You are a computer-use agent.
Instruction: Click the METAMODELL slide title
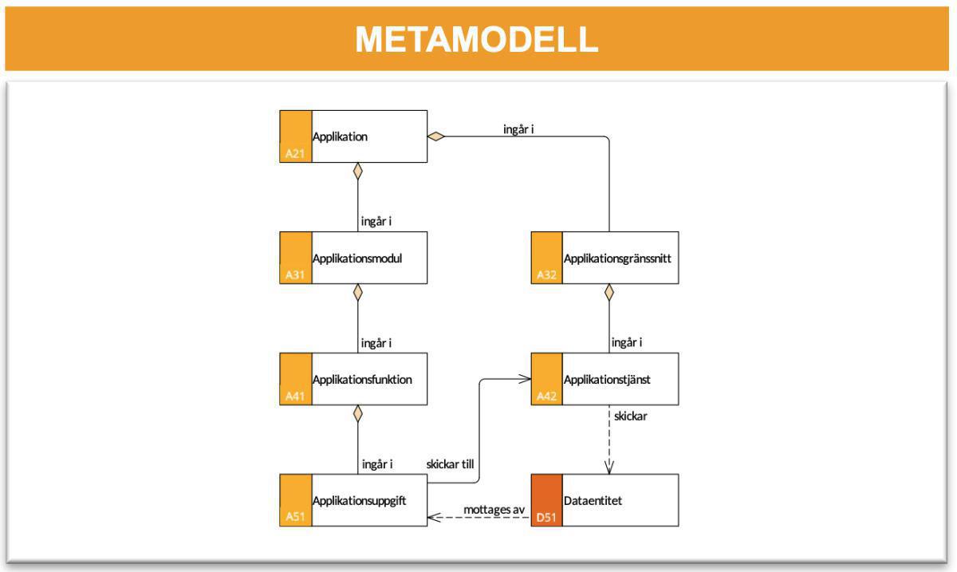(x=476, y=39)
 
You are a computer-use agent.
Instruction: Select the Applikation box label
(x=341, y=136)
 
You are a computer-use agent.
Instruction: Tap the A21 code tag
(x=295, y=154)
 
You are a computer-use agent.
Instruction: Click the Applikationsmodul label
(x=356, y=258)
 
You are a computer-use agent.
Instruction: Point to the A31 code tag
(x=295, y=275)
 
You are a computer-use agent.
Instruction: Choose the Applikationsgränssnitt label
(x=612, y=258)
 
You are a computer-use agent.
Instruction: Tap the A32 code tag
(x=546, y=275)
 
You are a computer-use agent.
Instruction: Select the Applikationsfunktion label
(x=362, y=379)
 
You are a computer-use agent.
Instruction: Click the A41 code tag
(x=295, y=396)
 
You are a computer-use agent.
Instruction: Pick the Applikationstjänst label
(x=607, y=379)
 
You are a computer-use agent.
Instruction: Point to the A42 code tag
(x=546, y=396)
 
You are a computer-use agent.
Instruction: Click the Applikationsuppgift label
(x=360, y=500)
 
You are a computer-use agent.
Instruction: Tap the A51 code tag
(x=295, y=518)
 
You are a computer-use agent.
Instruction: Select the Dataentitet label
(x=593, y=500)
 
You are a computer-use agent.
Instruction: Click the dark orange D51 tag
(x=546, y=518)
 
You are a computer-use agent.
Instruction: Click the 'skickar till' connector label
(x=451, y=464)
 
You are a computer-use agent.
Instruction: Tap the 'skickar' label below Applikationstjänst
(x=630, y=416)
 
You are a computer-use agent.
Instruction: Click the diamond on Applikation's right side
(x=435, y=136)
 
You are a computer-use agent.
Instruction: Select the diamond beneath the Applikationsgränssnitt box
(x=609, y=292)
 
